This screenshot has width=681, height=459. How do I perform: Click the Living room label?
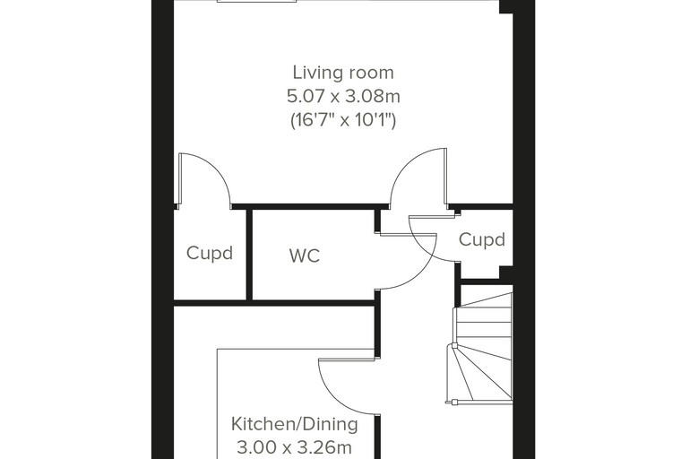tap(343, 73)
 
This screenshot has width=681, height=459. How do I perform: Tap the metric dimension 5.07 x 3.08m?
tap(343, 96)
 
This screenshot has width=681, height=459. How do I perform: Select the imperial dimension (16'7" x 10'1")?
tap(343, 119)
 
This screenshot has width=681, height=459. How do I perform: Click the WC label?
tap(305, 255)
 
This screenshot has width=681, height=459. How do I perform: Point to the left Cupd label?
tap(210, 253)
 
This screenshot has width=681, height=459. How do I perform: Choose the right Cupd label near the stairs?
tap(482, 239)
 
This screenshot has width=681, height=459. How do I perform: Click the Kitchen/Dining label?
tap(295, 424)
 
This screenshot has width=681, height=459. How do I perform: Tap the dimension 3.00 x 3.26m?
tap(295, 446)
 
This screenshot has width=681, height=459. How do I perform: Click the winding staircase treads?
tap(483, 348)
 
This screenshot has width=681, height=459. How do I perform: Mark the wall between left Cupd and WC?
tap(249, 255)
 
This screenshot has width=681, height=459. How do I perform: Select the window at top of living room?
tap(256, 1)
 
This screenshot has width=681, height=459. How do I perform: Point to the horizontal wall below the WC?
tap(274, 302)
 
